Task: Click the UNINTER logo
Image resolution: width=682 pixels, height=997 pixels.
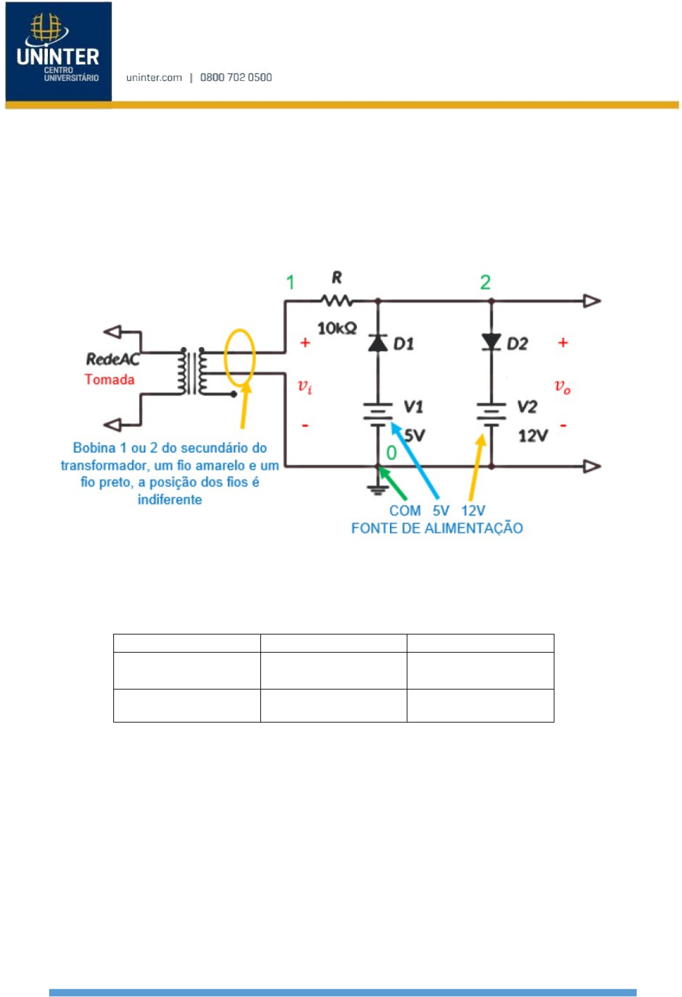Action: pyautogui.click(x=58, y=52)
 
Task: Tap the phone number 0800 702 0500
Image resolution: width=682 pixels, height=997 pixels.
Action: pyautogui.click(x=236, y=78)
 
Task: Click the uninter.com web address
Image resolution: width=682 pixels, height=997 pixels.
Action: pyautogui.click(x=154, y=78)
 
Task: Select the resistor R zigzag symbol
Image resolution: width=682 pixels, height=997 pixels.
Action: pyautogui.click(x=337, y=301)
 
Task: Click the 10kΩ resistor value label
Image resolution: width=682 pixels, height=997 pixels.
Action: pyautogui.click(x=337, y=328)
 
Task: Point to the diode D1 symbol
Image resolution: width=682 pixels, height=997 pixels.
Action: pyautogui.click(x=378, y=342)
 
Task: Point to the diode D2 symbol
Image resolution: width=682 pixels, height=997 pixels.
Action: pyautogui.click(x=492, y=342)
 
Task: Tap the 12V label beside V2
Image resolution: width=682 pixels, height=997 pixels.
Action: pyautogui.click(x=533, y=436)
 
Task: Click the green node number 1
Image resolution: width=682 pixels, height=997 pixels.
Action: pyautogui.click(x=290, y=282)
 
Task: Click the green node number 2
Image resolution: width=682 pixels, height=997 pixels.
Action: pyautogui.click(x=485, y=282)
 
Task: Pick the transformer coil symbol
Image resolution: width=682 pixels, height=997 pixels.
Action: pyautogui.click(x=192, y=371)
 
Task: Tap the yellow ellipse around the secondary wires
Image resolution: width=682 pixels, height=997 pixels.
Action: pyautogui.click(x=225, y=357)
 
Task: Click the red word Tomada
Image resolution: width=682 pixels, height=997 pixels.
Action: pyautogui.click(x=109, y=379)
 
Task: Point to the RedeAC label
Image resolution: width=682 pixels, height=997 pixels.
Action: pyautogui.click(x=113, y=359)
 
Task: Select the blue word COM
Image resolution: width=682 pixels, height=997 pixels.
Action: pyautogui.click(x=405, y=511)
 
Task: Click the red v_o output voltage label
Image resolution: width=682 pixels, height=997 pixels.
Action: pyautogui.click(x=562, y=386)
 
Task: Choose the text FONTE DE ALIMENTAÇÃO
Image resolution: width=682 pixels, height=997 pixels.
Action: pyautogui.click(x=437, y=528)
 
